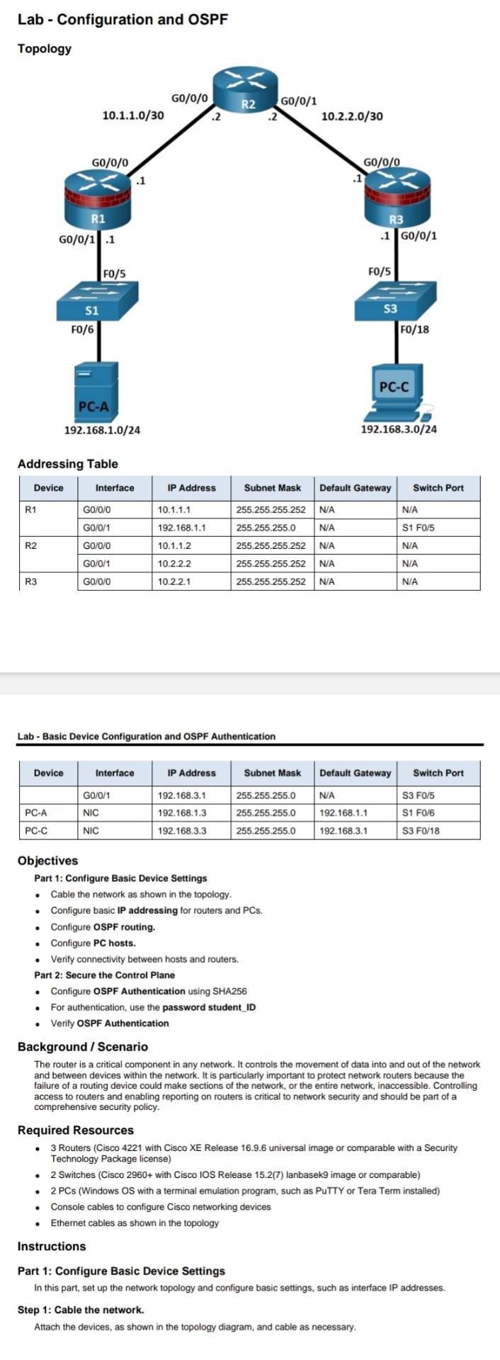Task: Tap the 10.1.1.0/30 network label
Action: click(x=133, y=115)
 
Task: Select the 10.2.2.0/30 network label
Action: click(x=352, y=116)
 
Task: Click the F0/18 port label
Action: click(x=414, y=329)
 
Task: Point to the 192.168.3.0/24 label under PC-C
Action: click(x=399, y=429)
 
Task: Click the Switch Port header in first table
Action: click(x=438, y=488)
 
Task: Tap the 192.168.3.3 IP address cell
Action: click(x=182, y=831)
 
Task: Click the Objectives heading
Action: click(x=47, y=861)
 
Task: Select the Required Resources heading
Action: click(x=75, y=1130)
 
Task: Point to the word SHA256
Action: click(x=227, y=991)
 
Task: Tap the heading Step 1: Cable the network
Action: click(x=80, y=1310)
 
